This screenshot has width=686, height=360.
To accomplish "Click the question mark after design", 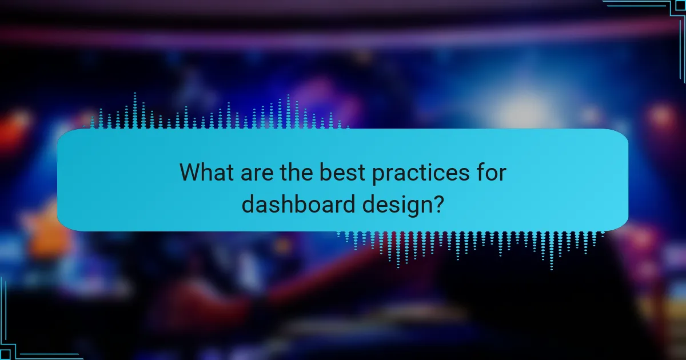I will tap(438, 204).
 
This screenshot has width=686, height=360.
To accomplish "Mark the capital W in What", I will tap(191, 173).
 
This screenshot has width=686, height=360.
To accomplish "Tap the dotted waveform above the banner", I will tap(217, 114).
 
